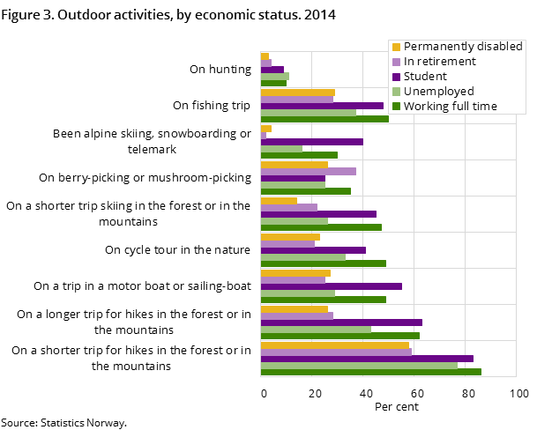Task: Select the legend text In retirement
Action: pyautogui.click(x=440, y=62)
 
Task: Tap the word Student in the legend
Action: pyautogui.click(x=426, y=77)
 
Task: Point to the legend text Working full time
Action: pyautogui.click(x=451, y=107)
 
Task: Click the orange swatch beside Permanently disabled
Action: pyautogui.click(x=397, y=47)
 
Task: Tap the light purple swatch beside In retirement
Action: pyautogui.click(x=397, y=62)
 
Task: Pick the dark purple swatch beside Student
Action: pyautogui.click(x=397, y=77)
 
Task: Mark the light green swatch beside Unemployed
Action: pyautogui.click(x=397, y=92)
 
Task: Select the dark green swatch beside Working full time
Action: pyautogui.click(x=397, y=107)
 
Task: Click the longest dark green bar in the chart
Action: pyautogui.click(x=370, y=372)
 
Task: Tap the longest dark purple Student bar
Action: pyautogui.click(x=367, y=359)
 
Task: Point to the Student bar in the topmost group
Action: pyautogui.click(x=272, y=70)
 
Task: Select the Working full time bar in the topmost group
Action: pyautogui.click(x=272, y=83)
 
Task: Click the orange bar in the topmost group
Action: pyautogui.click(x=265, y=56)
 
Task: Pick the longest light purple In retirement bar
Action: pyautogui.click(x=336, y=352)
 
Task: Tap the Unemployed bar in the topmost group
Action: pyautogui.click(x=274, y=76)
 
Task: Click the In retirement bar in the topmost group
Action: pyautogui.click(x=265, y=63)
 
